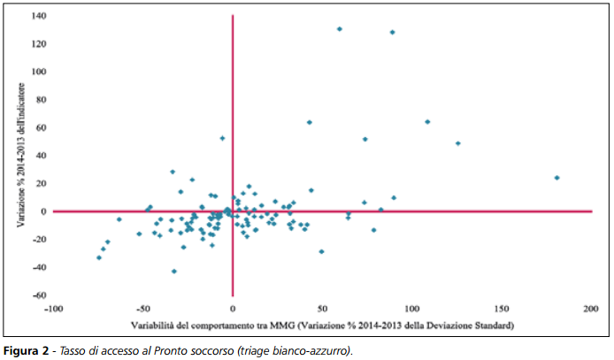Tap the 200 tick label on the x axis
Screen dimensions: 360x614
coord(591,310)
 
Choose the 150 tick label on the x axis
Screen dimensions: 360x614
coord(502,310)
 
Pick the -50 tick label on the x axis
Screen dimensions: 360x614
coord(143,310)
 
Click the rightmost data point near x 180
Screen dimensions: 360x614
coord(556,178)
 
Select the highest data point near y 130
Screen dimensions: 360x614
coord(339,29)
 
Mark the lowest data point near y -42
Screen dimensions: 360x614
coord(173,272)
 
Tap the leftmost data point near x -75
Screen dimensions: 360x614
coord(99,257)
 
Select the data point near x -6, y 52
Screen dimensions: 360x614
coord(222,138)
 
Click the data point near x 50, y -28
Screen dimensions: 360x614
coord(321,251)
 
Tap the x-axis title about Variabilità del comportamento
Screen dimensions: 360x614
coord(322,326)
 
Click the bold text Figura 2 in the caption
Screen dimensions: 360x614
coord(25,351)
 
